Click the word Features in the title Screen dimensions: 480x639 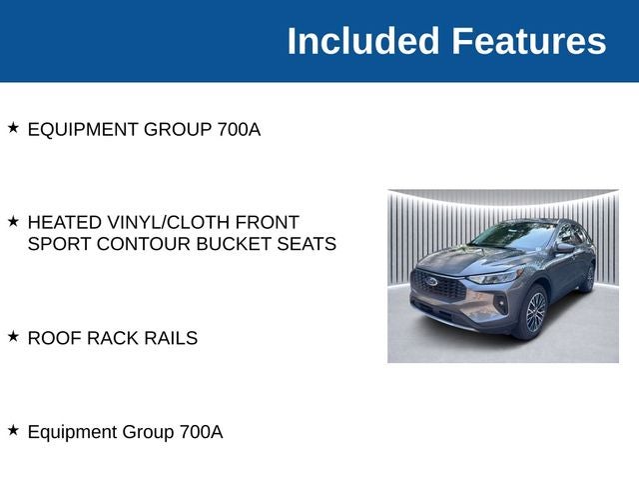pyautogui.click(x=528, y=41)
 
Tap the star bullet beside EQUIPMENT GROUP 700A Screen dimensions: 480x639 pyautogui.click(x=13, y=128)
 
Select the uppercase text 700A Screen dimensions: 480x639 pyautogui.click(x=239, y=129)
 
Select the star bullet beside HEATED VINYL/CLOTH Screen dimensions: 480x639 pyautogui.click(x=13, y=220)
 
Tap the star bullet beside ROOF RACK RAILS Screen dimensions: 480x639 pyautogui.click(x=13, y=336)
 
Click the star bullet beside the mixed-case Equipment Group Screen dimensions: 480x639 pyautogui.click(x=13, y=430)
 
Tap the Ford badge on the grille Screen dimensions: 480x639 pyautogui.click(x=432, y=281)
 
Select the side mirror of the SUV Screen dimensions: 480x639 pyautogui.click(x=565, y=248)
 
